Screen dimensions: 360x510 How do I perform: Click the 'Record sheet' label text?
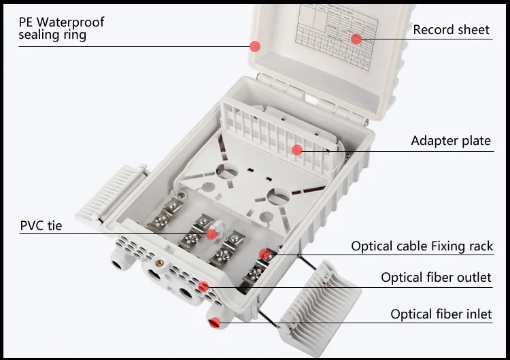451,29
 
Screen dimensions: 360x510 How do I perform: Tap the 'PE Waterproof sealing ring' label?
62,29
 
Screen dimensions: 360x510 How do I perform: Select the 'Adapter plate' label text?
450,141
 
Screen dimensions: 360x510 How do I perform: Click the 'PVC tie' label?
41,225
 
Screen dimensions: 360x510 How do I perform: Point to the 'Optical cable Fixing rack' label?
422,246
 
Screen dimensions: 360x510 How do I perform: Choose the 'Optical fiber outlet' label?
436,277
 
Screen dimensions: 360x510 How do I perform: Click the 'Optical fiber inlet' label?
441,314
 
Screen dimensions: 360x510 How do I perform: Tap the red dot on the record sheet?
356,39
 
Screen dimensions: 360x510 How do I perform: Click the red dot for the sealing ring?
255,46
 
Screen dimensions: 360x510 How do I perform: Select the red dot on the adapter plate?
297,150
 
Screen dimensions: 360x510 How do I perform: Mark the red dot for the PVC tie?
211,233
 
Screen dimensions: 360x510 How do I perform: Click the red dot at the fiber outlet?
203,287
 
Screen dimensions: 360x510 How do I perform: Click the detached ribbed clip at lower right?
320,299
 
